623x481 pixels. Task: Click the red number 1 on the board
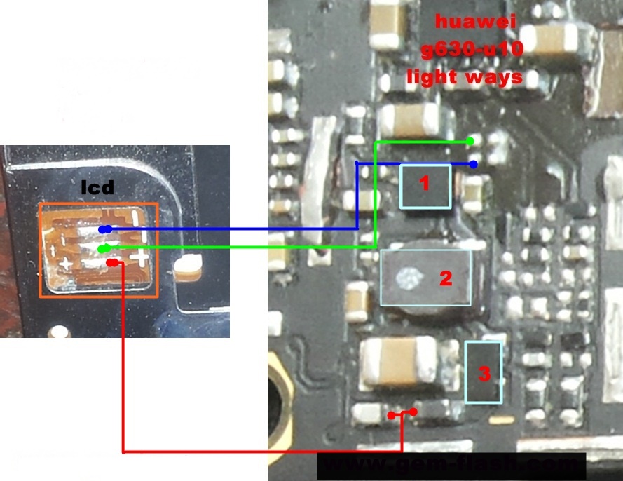point(423,184)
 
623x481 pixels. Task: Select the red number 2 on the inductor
point(446,278)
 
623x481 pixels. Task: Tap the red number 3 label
point(484,373)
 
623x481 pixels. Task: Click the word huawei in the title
point(475,22)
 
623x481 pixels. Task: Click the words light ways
point(465,76)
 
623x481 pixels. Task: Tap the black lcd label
point(97,187)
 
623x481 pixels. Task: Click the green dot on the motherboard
point(470,142)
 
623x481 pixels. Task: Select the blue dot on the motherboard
point(474,165)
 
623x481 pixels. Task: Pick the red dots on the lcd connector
point(112,263)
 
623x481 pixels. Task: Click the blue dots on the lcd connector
point(104,229)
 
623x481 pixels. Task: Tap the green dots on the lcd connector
point(104,248)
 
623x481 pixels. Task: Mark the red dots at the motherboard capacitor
point(402,414)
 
